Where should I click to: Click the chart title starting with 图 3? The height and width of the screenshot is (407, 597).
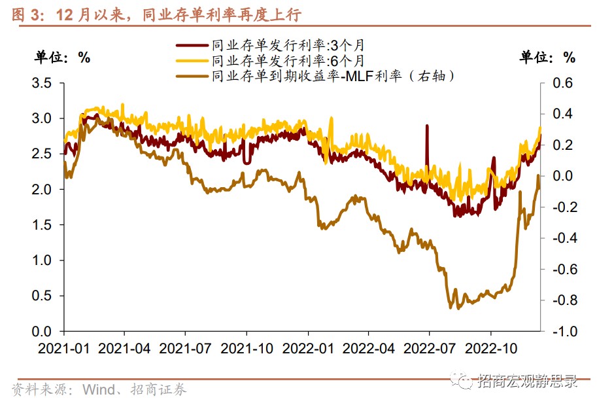[x=156, y=14]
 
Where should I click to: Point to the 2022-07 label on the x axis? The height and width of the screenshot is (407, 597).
[x=428, y=347]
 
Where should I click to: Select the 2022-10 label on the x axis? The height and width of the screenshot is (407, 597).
[x=490, y=347]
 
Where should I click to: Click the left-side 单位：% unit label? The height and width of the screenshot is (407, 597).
[x=63, y=57]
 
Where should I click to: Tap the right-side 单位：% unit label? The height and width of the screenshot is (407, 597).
[x=548, y=57]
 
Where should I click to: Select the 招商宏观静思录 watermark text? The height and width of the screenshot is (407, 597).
[x=527, y=381]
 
